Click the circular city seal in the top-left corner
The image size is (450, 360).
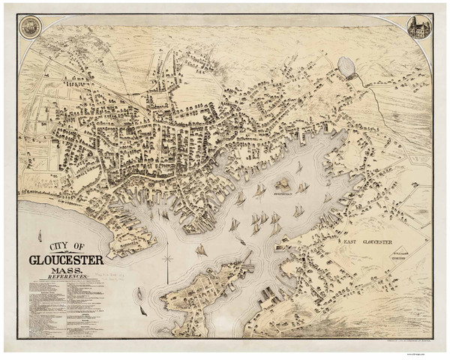30,28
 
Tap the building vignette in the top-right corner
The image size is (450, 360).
418,28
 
